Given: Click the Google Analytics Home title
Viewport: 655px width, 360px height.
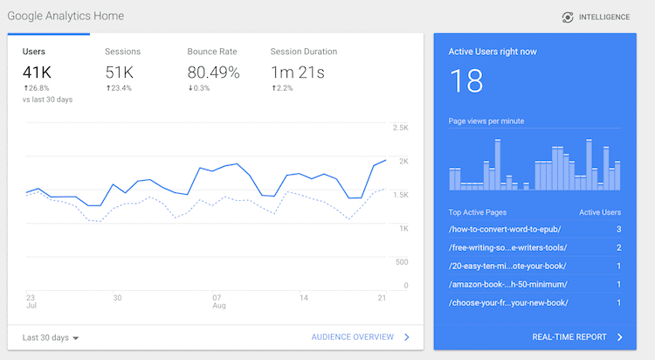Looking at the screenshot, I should [x=65, y=16].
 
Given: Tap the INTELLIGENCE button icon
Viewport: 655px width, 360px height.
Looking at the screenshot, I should [x=568, y=17].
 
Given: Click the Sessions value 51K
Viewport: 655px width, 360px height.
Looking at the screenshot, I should [x=121, y=73].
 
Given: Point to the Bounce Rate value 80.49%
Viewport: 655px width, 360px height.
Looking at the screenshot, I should [x=213, y=73].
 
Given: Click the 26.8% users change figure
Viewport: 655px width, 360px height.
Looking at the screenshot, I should [x=37, y=88].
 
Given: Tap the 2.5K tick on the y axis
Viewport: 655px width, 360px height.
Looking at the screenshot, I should [x=401, y=128].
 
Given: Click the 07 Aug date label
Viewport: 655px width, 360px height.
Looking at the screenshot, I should [x=219, y=302].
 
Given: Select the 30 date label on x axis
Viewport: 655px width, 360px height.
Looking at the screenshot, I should [x=116, y=297].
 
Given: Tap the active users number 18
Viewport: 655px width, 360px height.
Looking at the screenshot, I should [x=466, y=81].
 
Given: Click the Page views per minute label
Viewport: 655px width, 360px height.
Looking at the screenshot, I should [x=486, y=121].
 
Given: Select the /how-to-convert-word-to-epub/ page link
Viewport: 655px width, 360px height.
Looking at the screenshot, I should [x=504, y=229].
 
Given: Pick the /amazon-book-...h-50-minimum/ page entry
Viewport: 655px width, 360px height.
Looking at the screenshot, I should [x=507, y=284].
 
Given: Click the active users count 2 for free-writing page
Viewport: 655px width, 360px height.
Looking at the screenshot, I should [x=618, y=247].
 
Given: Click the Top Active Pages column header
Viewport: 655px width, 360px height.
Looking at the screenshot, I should [x=478, y=212].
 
